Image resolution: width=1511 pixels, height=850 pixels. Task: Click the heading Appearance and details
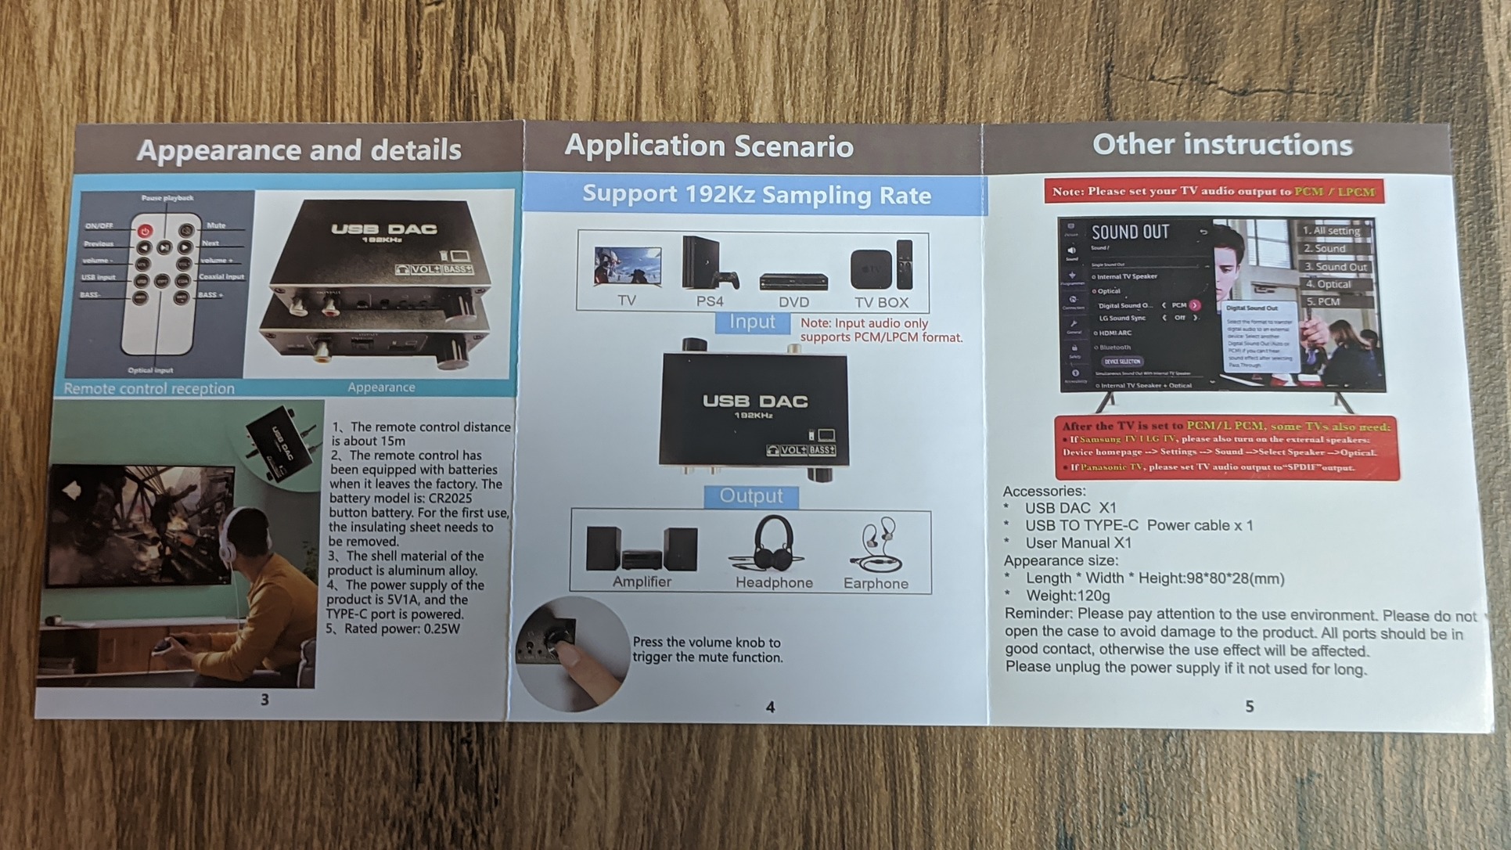(299, 149)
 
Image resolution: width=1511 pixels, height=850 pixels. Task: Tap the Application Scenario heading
(708, 146)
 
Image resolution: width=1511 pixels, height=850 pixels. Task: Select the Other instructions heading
(1221, 145)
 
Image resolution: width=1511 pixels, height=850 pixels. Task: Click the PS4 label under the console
(710, 301)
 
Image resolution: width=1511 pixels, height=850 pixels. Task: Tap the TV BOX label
(881, 302)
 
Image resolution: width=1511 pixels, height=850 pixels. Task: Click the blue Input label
(751, 322)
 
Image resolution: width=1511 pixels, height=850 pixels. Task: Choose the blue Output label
(750, 496)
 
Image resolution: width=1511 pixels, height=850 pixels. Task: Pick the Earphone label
(876, 583)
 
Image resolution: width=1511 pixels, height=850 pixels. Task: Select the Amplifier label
(642, 582)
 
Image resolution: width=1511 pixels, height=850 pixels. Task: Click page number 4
(770, 708)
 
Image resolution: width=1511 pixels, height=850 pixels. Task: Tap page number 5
(1250, 707)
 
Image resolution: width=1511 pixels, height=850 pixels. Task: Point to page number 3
(264, 700)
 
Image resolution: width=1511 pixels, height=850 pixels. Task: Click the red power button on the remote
(145, 231)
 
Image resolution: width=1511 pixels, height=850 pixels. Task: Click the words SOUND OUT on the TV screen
(1130, 232)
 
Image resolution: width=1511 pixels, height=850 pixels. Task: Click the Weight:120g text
(1067, 596)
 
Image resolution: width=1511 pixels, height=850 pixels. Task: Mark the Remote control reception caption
(149, 388)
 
